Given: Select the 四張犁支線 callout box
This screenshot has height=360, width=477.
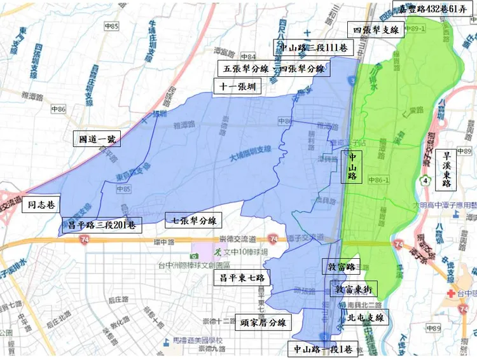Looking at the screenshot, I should (376, 29).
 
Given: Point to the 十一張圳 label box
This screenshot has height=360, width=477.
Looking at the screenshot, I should (234, 88).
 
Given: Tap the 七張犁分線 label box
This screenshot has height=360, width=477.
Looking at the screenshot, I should (191, 221).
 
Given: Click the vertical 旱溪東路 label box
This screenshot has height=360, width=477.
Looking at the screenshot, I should (446, 169).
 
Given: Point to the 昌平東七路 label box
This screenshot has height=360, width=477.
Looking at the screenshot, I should (242, 278).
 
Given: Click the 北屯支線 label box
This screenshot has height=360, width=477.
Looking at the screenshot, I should (363, 317).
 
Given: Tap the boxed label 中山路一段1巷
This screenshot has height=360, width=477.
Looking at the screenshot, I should (323, 349).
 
